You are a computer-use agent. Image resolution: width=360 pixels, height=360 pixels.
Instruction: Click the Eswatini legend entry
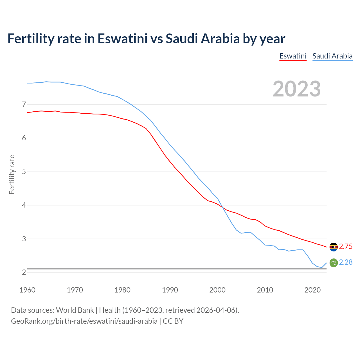293,56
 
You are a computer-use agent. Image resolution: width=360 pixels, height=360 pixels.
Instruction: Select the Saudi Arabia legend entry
332,56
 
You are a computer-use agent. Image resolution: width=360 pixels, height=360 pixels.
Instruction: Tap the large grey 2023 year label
297,89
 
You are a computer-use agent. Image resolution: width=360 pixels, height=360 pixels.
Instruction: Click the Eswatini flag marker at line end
334,247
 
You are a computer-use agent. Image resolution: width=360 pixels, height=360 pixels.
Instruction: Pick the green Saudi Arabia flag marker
334,263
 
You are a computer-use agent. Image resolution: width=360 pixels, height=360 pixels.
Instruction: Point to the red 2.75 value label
346,247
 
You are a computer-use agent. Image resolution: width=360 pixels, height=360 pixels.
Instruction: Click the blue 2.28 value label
346,262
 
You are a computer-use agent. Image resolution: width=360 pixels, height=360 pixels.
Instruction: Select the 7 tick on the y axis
24,105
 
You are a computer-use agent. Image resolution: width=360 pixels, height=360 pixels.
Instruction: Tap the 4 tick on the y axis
24,205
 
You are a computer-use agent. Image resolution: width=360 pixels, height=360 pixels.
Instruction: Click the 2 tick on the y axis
24,272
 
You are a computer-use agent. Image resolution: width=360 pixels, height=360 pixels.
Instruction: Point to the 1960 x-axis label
27,290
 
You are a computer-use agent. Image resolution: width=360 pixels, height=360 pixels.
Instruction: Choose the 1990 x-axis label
170,290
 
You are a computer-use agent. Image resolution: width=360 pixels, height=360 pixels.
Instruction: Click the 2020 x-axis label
312,290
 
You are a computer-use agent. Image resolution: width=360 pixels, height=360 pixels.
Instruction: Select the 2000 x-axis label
217,290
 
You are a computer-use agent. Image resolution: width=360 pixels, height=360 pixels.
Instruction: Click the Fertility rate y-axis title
12,174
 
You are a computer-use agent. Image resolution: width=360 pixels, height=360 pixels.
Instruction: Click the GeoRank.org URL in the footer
84,321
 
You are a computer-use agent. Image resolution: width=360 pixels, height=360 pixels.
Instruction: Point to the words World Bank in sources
75,310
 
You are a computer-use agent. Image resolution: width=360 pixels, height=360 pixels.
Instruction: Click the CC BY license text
173,321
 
